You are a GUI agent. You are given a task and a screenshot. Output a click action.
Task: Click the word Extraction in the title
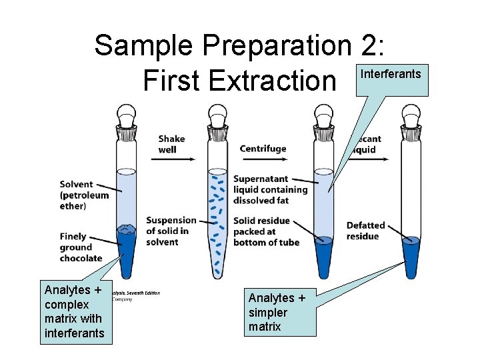tap(273, 81)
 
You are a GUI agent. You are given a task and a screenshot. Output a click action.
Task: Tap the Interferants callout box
tap(391, 79)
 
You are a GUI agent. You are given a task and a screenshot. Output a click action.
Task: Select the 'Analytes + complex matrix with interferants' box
tap(75, 311)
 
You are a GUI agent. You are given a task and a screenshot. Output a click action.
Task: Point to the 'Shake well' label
tap(171, 144)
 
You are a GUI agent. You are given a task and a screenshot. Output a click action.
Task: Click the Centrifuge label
tap(263, 149)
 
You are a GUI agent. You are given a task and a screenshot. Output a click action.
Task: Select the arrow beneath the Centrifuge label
tap(264, 160)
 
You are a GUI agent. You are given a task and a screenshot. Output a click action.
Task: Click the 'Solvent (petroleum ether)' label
tap(83, 195)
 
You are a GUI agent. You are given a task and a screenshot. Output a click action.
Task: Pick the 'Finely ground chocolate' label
tap(81, 247)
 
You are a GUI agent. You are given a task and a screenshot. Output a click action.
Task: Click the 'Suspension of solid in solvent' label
tap(171, 231)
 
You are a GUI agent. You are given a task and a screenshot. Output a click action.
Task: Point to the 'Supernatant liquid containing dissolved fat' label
tap(270, 189)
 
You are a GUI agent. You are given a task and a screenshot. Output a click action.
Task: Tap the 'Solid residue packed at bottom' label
tap(266, 231)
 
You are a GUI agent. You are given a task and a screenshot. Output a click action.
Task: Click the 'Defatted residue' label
tap(365, 231)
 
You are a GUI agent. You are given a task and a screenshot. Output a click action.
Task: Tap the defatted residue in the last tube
tap(411, 257)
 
